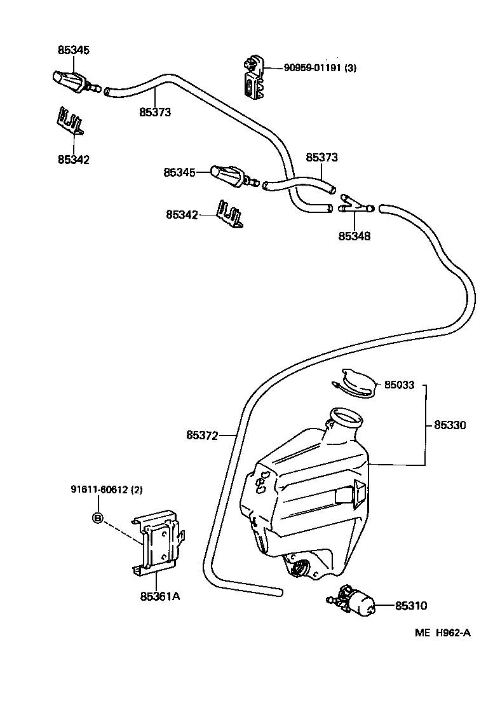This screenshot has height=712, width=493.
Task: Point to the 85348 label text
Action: tap(354, 236)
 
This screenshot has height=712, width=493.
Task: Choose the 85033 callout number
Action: tap(398, 385)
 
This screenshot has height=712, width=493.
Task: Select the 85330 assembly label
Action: tap(450, 425)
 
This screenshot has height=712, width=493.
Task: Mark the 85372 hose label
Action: tap(202, 435)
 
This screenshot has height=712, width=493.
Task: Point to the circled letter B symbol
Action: tap(98, 518)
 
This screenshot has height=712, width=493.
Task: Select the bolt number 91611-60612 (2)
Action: tap(107, 489)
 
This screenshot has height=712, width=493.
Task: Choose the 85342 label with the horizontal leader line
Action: tap(182, 215)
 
